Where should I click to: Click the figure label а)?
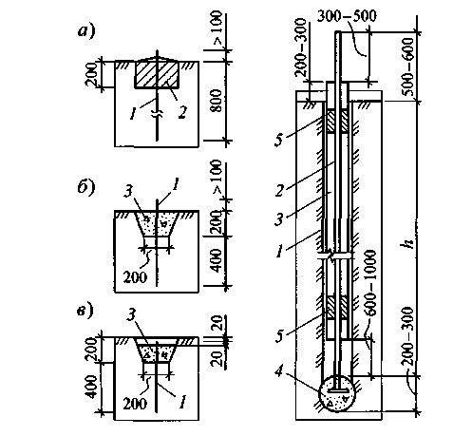click(x=86, y=31)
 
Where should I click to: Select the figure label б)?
click(x=86, y=187)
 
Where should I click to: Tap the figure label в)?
click(x=85, y=311)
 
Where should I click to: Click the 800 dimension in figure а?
click(x=217, y=101)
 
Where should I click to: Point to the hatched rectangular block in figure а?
click(x=157, y=74)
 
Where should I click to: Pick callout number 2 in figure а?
click(x=182, y=112)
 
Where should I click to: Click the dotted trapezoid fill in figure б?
click(x=156, y=223)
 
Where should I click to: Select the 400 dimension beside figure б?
click(x=217, y=260)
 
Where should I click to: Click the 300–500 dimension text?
click(x=347, y=16)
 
